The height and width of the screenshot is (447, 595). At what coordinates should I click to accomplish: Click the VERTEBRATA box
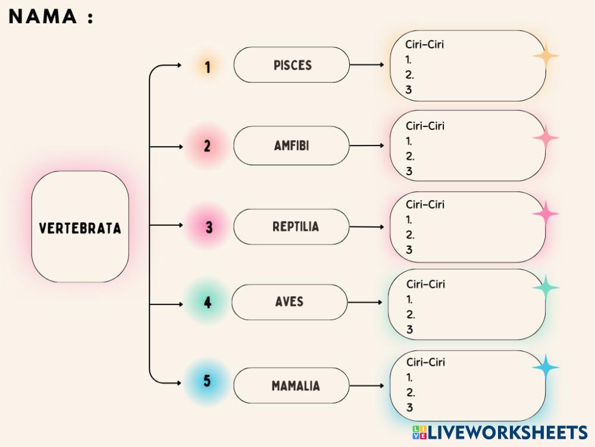[x=80, y=227]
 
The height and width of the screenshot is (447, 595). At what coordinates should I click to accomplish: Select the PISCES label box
[x=292, y=65]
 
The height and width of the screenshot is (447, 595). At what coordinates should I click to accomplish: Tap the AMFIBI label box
[x=292, y=145]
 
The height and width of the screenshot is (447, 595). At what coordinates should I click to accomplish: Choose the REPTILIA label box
[x=292, y=226]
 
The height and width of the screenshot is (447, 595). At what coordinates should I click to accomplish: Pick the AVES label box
[x=289, y=302]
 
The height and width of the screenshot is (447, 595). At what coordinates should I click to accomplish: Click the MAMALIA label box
[x=292, y=386]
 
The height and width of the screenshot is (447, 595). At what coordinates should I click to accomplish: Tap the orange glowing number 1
[x=208, y=67]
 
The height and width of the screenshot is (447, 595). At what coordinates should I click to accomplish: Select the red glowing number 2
[x=207, y=146]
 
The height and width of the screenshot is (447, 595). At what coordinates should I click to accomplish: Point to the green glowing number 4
[x=208, y=303]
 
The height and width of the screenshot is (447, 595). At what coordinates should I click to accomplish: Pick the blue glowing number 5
[x=207, y=381]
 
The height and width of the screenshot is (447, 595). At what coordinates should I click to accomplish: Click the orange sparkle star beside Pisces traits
[x=546, y=57]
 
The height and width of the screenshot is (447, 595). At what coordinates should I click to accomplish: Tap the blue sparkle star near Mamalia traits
[x=546, y=368]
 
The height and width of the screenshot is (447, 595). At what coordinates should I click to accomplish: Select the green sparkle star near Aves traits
[x=546, y=287]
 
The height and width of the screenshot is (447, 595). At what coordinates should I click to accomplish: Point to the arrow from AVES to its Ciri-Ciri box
[x=365, y=303]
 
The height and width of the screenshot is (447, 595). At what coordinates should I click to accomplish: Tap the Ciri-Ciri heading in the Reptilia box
[x=425, y=204]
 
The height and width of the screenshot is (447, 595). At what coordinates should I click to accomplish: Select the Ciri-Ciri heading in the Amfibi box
[x=425, y=126]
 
